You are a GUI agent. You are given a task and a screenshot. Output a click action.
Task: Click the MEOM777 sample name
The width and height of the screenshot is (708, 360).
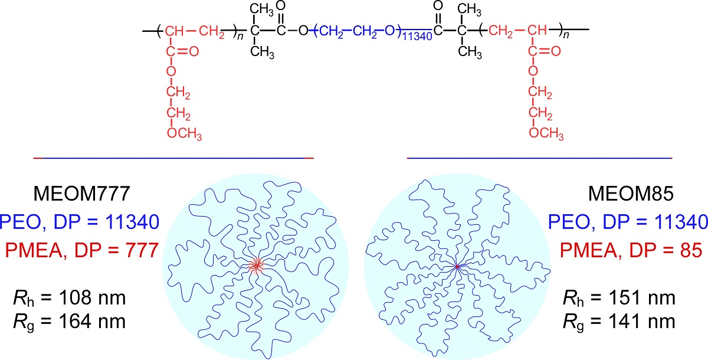point(81,195)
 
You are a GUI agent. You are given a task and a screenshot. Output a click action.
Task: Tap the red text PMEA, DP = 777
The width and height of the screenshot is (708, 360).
point(80,251)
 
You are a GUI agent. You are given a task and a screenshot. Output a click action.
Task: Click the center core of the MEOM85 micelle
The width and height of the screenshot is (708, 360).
point(457,267)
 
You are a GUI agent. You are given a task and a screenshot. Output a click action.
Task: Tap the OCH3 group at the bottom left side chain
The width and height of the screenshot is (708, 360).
point(185,135)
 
